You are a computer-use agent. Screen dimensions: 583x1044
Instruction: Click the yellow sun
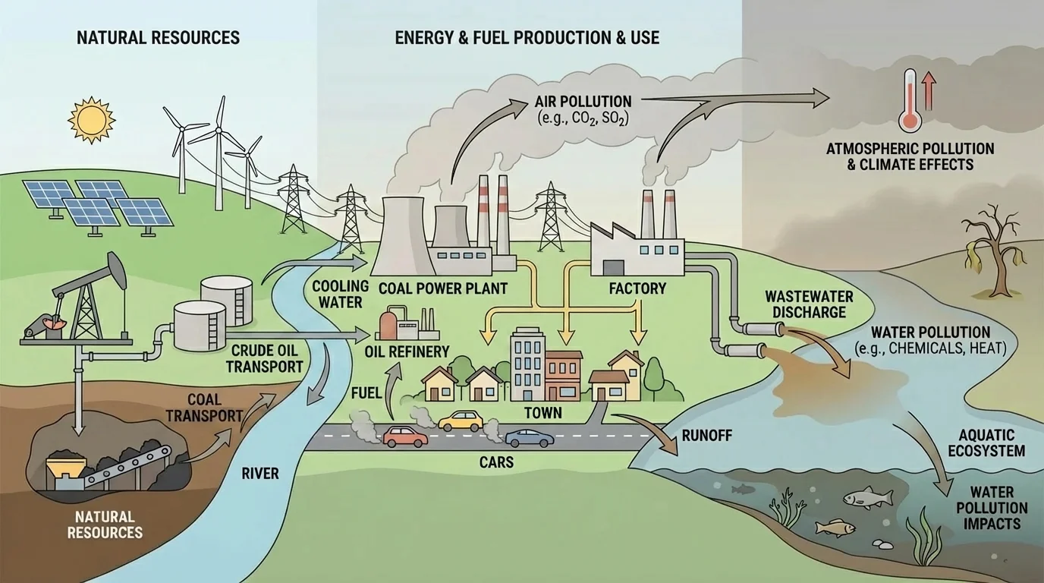pyautogui.click(x=90, y=119)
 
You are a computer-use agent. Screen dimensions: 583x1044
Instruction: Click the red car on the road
pyautogui.click(x=405, y=436)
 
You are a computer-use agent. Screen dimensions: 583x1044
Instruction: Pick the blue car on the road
pyautogui.click(x=529, y=437)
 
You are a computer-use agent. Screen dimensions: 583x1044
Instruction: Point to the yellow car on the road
pyautogui.click(x=460, y=420)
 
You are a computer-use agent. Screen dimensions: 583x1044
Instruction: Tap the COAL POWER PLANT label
pyautogui.click(x=442, y=288)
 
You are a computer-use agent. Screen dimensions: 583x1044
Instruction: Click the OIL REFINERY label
pyautogui.click(x=407, y=351)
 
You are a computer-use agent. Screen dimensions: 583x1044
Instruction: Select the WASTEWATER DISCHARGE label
pyautogui.click(x=805, y=304)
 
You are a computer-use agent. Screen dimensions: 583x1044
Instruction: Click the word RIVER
pyautogui.click(x=259, y=474)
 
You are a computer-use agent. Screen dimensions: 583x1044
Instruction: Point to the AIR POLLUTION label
pyautogui.click(x=583, y=101)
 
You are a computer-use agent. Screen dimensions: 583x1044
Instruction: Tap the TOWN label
pyautogui.click(x=542, y=413)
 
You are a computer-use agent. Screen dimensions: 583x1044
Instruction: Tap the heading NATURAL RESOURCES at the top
pyautogui.click(x=158, y=37)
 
